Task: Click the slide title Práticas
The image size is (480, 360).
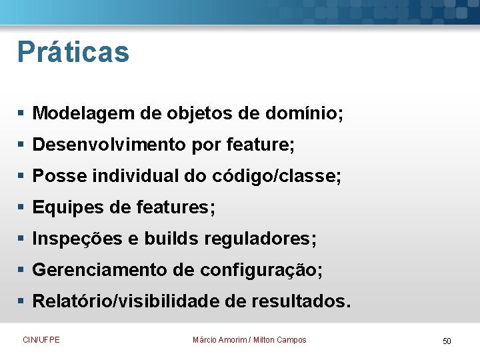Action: tap(73, 52)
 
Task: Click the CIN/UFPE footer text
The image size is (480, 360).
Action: tap(41, 340)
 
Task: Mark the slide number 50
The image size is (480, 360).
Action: tap(447, 341)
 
